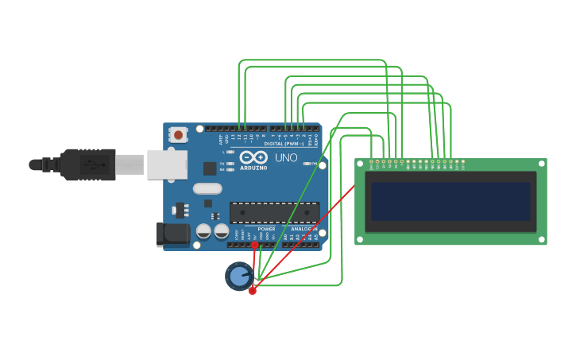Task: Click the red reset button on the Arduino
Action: (178, 135)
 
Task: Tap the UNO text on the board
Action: (286, 157)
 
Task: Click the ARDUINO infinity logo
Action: (253, 157)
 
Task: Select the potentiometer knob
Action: (238, 276)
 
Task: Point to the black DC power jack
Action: (172, 234)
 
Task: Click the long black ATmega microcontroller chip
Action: (274, 212)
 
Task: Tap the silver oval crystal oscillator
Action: (207, 188)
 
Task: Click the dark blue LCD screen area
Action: (450, 202)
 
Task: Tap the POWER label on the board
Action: (266, 229)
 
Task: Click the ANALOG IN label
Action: (303, 229)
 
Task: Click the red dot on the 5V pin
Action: (255, 246)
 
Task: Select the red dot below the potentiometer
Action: (253, 291)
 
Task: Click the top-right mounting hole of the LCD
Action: (540, 165)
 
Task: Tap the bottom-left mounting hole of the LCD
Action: (361, 238)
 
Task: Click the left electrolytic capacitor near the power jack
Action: (204, 231)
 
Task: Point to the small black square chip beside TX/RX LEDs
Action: (210, 168)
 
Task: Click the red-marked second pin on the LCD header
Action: (377, 161)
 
